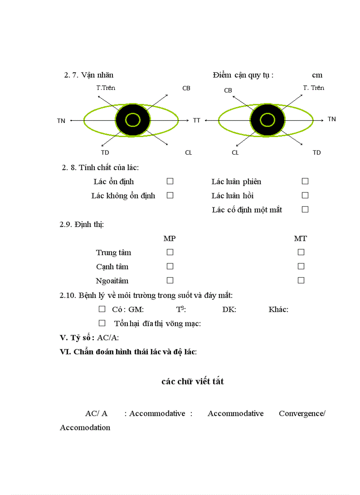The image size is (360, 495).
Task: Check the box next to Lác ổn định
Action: click(170, 181)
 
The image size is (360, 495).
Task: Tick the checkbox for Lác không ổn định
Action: click(170, 195)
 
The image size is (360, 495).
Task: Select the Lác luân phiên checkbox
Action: click(305, 181)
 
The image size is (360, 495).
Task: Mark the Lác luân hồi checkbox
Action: click(305, 195)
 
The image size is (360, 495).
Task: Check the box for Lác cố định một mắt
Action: click(305, 209)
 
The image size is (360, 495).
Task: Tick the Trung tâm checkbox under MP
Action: click(170, 252)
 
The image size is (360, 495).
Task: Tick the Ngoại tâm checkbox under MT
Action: click(301, 280)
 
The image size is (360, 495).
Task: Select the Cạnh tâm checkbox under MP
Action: click(170, 266)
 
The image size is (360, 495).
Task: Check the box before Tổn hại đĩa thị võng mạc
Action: click(102, 323)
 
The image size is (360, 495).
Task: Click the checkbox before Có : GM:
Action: click(102, 309)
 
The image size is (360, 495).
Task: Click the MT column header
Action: click(300, 238)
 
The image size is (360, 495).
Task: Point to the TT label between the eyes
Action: click(196, 120)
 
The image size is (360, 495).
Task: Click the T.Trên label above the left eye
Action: click(106, 88)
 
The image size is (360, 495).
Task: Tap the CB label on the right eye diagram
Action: click(228, 90)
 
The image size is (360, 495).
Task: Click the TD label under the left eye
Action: click(105, 153)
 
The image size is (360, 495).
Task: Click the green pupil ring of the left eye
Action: click(132, 114)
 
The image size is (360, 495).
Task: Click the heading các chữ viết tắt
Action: click(193, 381)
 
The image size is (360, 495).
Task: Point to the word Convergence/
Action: click(302, 413)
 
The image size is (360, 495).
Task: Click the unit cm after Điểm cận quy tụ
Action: click(317, 75)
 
